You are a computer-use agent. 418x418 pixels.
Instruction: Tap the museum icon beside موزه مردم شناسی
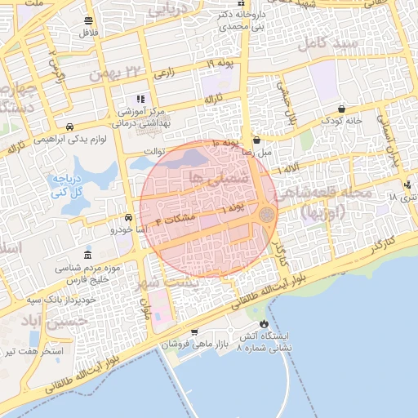click(88, 255)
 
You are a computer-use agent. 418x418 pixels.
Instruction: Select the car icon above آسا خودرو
click(129, 218)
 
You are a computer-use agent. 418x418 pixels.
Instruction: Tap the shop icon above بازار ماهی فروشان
click(193, 331)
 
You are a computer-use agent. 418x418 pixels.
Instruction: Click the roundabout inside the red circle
click(266, 214)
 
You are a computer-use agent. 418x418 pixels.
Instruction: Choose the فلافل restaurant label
click(87, 33)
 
